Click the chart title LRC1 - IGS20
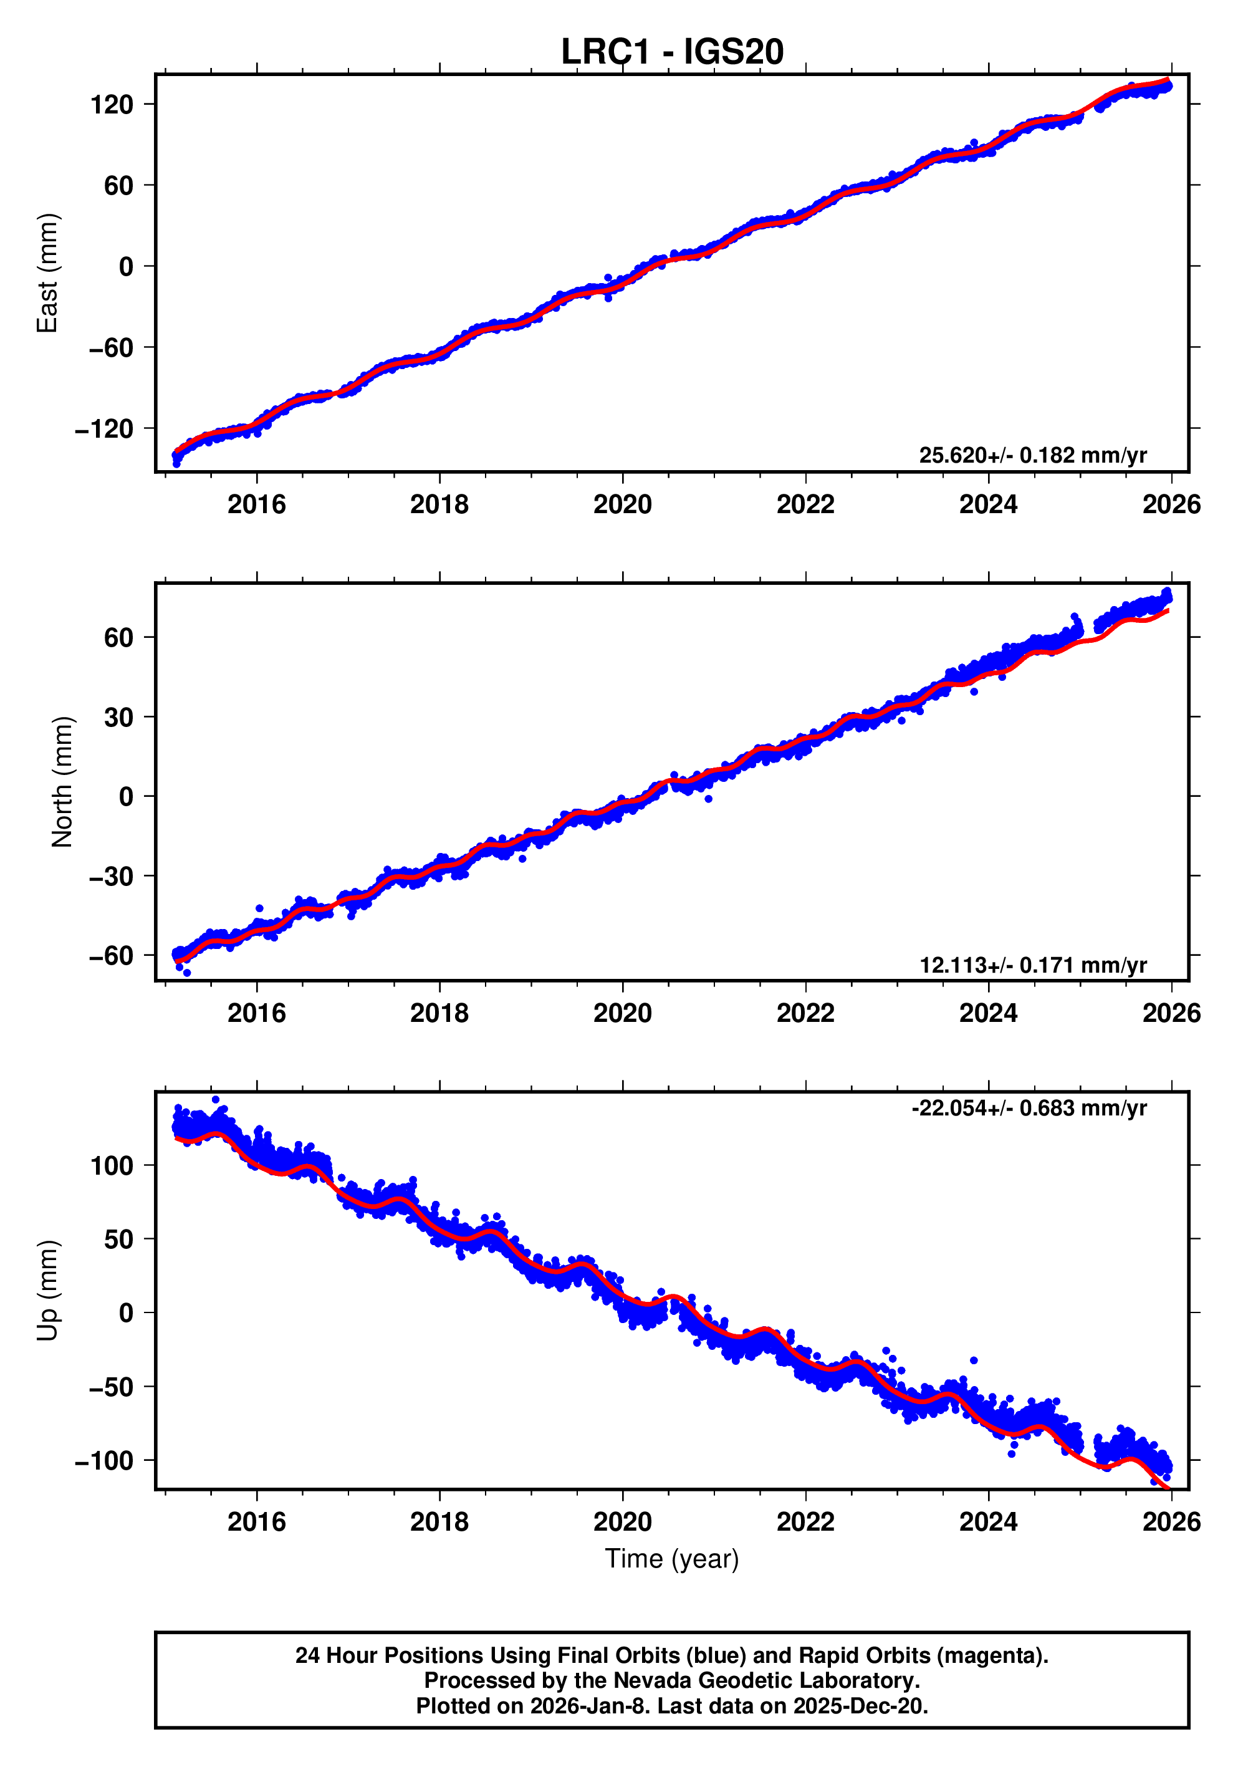click(672, 52)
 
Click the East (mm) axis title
click(48, 273)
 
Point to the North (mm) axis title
click(62, 782)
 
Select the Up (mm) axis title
click(48, 1291)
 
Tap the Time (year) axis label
click(672, 1558)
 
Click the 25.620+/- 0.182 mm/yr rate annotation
click(1032, 456)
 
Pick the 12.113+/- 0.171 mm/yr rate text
click(1032, 965)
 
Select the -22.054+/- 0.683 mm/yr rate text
click(1029, 1108)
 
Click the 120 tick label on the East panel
click(112, 105)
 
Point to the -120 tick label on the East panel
click(104, 429)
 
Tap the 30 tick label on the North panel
click(118, 717)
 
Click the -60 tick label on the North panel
click(111, 956)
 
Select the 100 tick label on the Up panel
click(112, 1166)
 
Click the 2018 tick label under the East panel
click(439, 505)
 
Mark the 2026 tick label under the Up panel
click(1170, 1522)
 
